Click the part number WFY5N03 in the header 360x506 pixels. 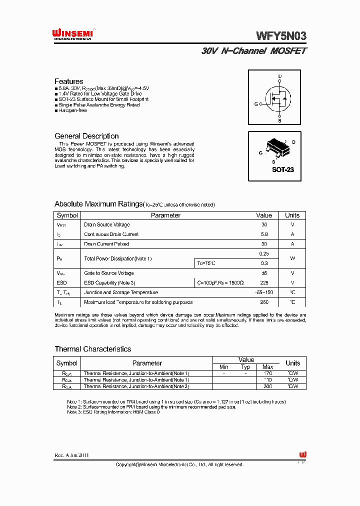point(281,36)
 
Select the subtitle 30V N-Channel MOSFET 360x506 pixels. point(254,51)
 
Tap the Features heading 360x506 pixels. point(69,81)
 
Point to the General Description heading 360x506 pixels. point(86,136)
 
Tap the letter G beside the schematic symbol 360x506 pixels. point(256,104)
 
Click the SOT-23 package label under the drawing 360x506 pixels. point(282,169)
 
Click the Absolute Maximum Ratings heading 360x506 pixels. point(98,204)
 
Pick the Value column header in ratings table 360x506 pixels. point(264,215)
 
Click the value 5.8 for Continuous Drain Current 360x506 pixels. point(264,234)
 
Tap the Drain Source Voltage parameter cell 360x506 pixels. point(107,225)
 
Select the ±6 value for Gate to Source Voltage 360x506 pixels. point(264,273)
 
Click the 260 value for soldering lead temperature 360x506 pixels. point(264,302)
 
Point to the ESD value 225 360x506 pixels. point(264,282)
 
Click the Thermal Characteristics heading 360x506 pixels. point(93,349)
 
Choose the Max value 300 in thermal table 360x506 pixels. point(267,386)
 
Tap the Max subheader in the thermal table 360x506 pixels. point(267,367)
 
